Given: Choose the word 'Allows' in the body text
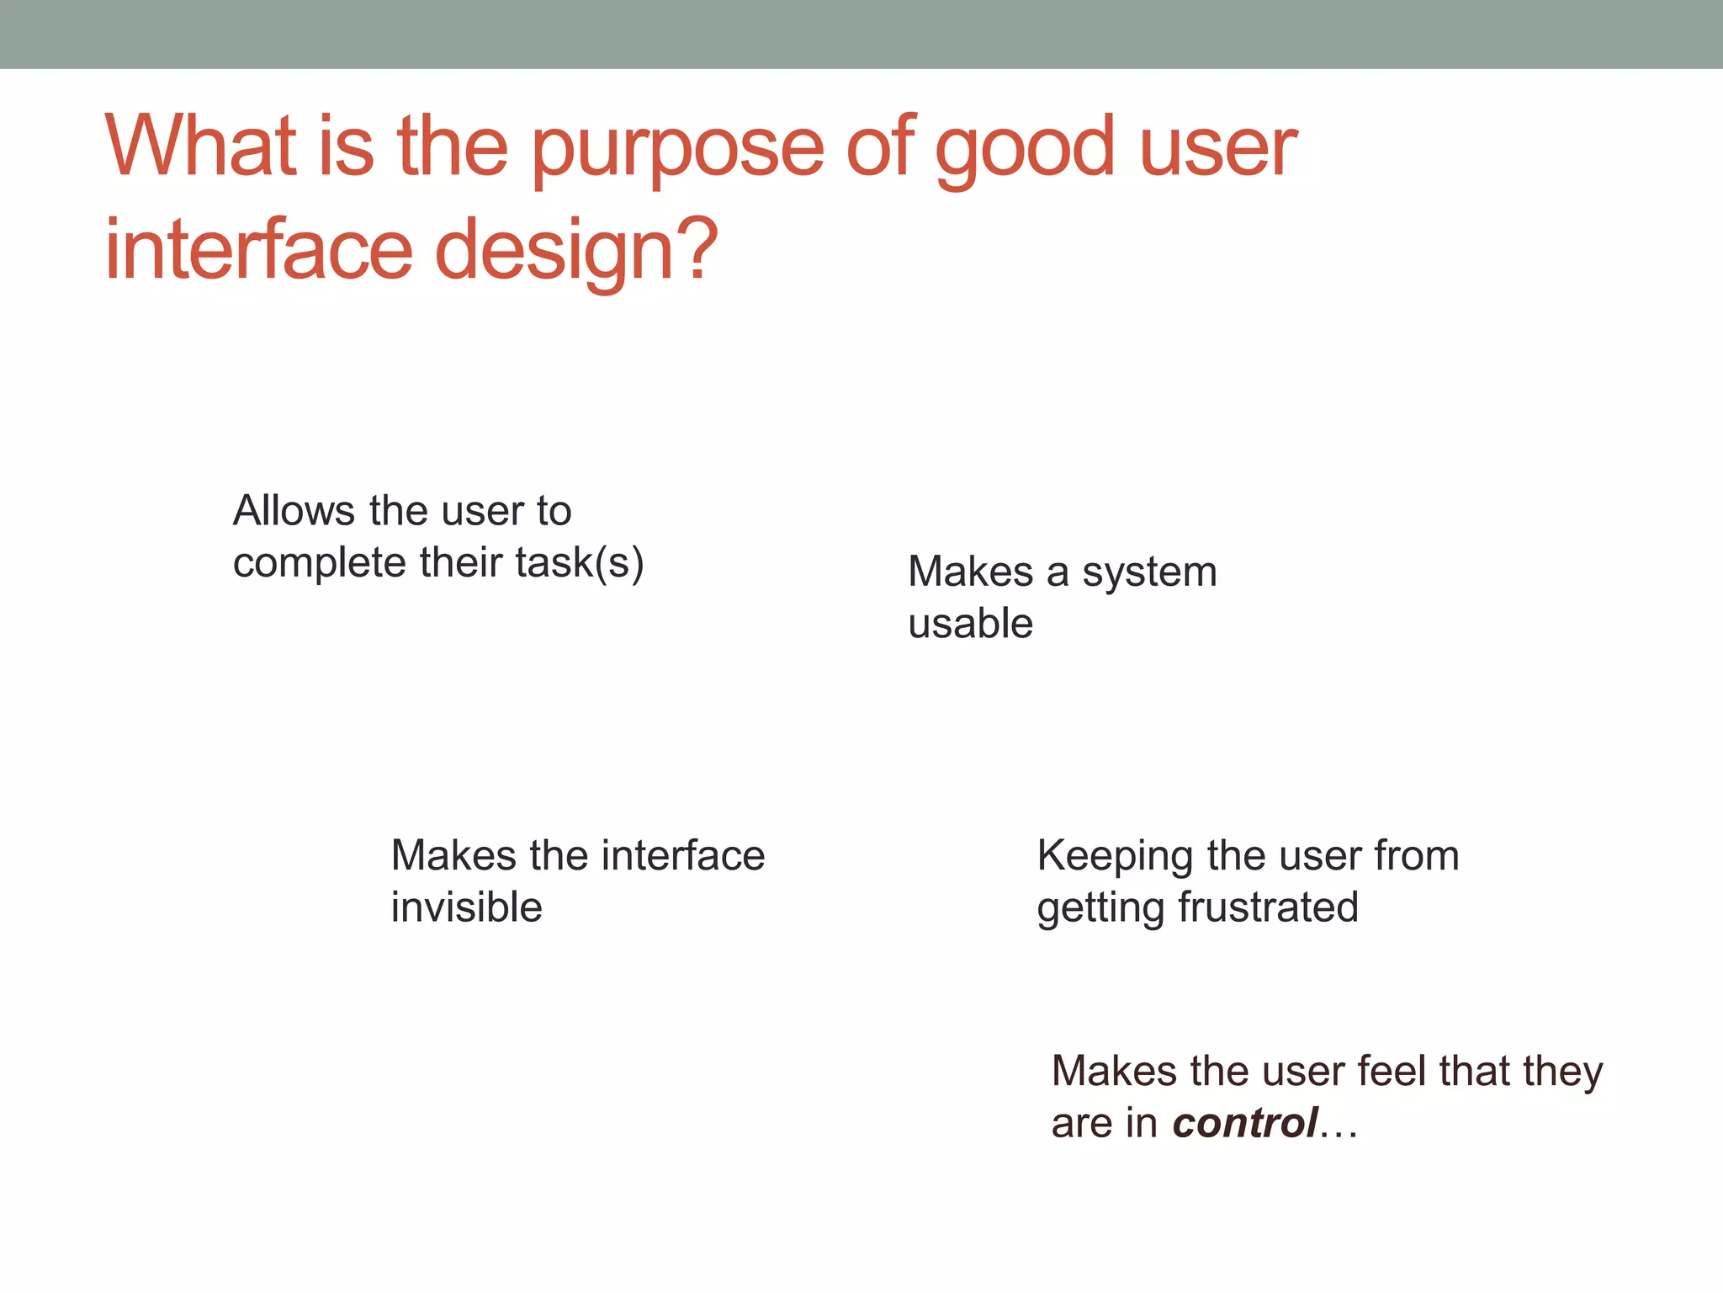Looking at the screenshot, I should [294, 511].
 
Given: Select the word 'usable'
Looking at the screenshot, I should [970, 624].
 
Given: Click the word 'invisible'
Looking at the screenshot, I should [466, 907].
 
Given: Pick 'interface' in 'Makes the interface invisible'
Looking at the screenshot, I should [683, 856].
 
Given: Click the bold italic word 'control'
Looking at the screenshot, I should [1245, 1124].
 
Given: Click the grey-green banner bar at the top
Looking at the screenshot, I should [861, 34].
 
